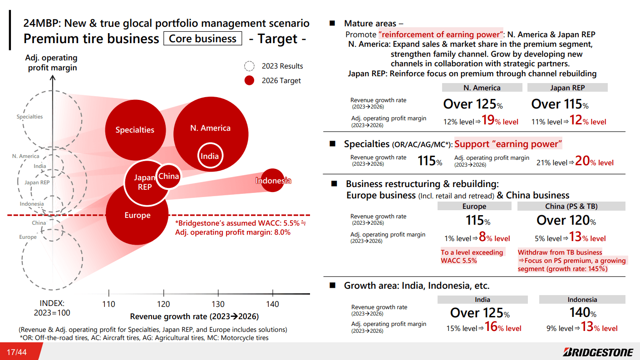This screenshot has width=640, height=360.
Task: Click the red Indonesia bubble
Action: (272, 180)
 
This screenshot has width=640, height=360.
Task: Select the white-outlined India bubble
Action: (210, 156)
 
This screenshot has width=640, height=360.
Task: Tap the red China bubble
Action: (168, 176)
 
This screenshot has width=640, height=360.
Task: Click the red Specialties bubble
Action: (135, 130)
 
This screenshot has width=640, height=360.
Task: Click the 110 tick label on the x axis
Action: (109, 304)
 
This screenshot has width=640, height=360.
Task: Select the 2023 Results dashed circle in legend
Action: (249, 66)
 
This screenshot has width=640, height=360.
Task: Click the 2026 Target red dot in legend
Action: (249, 80)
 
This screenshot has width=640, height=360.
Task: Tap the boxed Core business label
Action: (202, 39)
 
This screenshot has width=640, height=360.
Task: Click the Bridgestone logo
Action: (598, 352)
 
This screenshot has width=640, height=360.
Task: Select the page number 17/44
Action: (16, 352)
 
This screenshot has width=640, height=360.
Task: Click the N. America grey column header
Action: (482, 88)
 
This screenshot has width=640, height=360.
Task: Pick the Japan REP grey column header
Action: (567, 88)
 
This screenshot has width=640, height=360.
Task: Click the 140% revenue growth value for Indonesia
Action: (582, 313)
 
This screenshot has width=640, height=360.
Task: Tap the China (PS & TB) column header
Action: (571, 206)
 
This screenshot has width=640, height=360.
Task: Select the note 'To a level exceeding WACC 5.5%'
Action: (472, 256)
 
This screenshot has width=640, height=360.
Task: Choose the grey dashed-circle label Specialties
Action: (30, 117)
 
